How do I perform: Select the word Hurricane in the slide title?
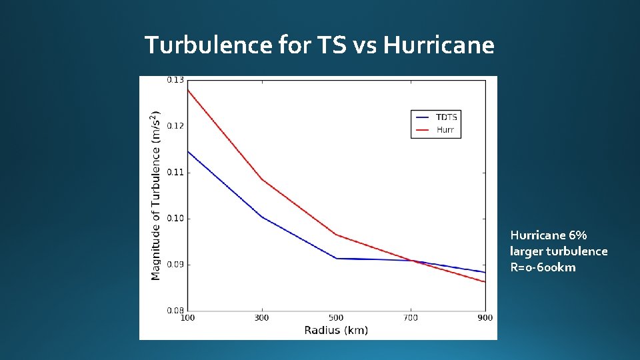click(439, 45)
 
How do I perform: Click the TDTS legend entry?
click(446, 117)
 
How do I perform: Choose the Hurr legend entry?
click(445, 129)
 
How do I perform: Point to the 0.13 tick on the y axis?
click(175, 80)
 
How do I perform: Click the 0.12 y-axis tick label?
click(175, 126)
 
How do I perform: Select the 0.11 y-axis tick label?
click(175, 172)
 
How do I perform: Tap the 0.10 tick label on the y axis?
click(175, 218)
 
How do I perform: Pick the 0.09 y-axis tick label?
click(175, 265)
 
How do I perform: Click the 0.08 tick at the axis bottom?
click(175, 310)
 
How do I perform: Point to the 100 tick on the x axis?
click(188, 318)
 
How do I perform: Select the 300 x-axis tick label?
click(262, 318)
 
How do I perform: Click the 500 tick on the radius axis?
click(336, 318)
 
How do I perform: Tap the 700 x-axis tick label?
click(411, 318)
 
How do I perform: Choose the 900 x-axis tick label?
click(485, 318)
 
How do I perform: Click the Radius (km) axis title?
click(336, 330)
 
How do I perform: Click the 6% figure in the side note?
click(579, 235)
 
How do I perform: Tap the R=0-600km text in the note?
click(543, 267)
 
